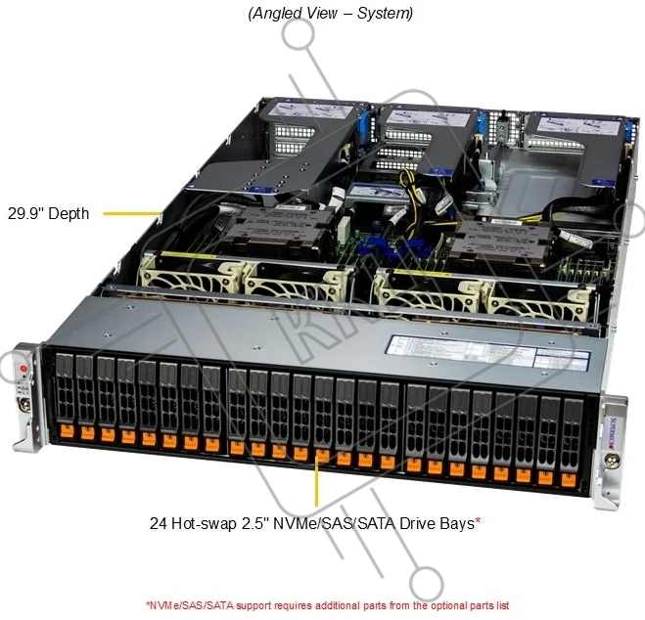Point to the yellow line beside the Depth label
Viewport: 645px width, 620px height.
(131, 211)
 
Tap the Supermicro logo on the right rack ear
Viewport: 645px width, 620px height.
(614, 430)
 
